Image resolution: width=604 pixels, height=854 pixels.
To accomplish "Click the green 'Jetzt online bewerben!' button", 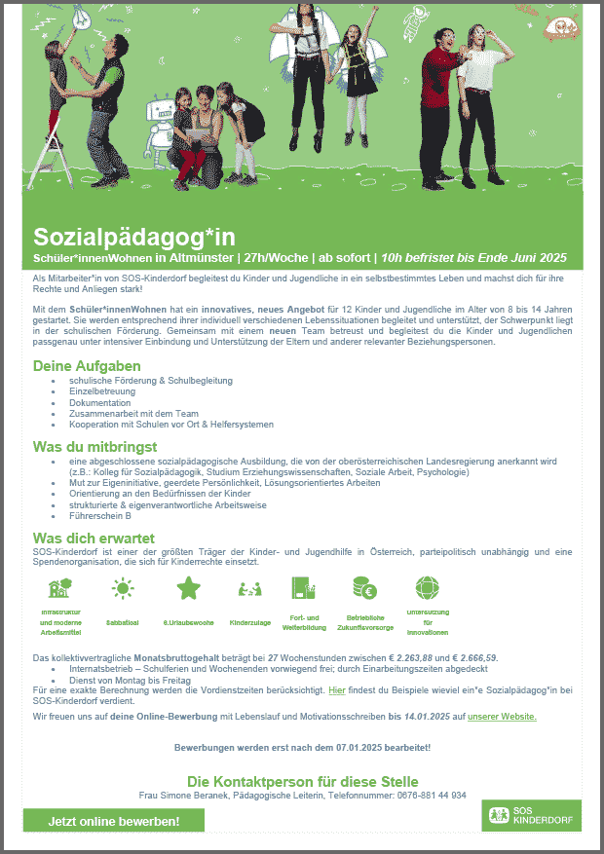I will tap(114, 821).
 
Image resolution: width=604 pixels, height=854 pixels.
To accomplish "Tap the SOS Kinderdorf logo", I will tap(531, 815).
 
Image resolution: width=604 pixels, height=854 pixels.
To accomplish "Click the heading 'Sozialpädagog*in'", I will tap(134, 237).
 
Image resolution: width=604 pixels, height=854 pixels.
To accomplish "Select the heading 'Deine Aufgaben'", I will tap(87, 366).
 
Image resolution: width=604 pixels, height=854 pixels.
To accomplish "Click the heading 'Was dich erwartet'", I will tap(94, 538).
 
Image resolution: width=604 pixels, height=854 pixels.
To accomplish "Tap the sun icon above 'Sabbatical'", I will tap(123, 588).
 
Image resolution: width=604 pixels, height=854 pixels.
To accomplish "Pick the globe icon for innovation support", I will tap(428, 588).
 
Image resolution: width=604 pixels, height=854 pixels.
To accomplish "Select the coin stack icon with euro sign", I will tap(365, 588).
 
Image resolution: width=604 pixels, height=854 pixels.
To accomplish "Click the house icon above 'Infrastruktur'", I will tap(60, 588).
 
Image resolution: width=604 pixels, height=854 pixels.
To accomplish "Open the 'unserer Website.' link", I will tap(502, 717).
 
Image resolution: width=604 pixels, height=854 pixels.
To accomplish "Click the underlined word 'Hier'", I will tap(337, 689).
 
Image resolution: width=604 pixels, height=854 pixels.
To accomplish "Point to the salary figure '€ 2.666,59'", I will tap(468, 658).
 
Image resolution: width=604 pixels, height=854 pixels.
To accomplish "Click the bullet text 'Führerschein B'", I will tap(100, 516).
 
